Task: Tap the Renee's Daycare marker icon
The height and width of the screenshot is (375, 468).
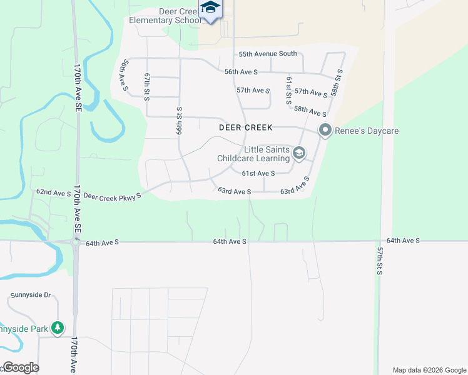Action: click(325, 131)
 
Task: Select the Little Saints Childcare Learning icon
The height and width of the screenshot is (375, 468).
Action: click(299, 153)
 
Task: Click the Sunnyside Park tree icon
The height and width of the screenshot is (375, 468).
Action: click(58, 327)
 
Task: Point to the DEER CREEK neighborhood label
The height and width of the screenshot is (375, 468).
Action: click(246, 127)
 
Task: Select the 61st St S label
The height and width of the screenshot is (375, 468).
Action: click(289, 90)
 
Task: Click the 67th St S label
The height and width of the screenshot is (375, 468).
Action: click(147, 86)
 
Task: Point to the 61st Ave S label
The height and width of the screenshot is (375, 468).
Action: click(258, 173)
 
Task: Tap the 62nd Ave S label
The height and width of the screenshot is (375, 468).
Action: click(53, 193)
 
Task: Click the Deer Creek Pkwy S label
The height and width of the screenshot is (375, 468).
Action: click(113, 196)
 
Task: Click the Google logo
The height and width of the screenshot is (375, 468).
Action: click(21, 367)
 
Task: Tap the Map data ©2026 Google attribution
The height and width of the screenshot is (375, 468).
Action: click(429, 370)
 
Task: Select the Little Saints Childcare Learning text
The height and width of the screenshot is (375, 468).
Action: click(253, 154)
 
